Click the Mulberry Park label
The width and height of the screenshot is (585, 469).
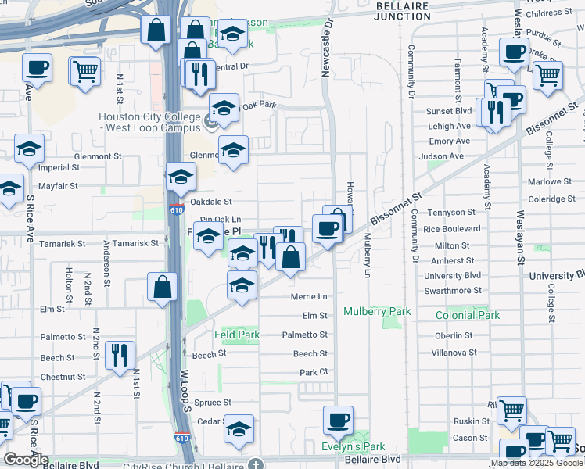pyautogui.click(x=377, y=311)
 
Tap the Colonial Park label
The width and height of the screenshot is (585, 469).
pyautogui.click(x=467, y=315)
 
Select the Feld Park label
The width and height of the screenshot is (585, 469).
pyautogui.click(x=236, y=335)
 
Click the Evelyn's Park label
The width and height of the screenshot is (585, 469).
pyautogui.click(x=354, y=446)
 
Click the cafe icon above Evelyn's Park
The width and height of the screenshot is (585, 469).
pyautogui.click(x=338, y=419)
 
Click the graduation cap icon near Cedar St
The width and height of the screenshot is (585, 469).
pyautogui.click(x=239, y=427)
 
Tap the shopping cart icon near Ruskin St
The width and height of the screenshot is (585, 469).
pyautogui.click(x=511, y=409)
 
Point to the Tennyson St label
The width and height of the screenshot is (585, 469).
pyautogui.click(x=450, y=212)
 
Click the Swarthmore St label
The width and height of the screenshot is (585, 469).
pyautogui.click(x=453, y=290)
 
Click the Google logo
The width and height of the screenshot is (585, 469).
pyautogui.click(x=26, y=460)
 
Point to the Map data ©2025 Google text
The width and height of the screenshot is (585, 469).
pyautogui.click(x=537, y=463)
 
